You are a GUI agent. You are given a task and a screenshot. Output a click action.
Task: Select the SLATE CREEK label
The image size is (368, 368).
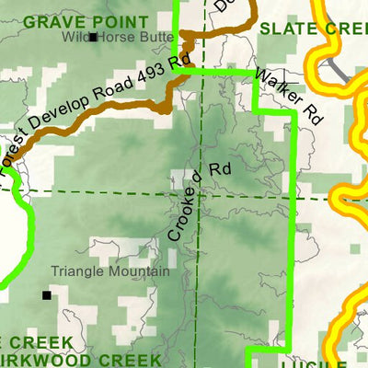(313, 29)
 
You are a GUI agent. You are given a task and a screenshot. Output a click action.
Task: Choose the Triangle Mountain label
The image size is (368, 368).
(110, 271)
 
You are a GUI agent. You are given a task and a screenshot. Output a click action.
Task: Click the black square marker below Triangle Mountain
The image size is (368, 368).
(47, 295)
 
